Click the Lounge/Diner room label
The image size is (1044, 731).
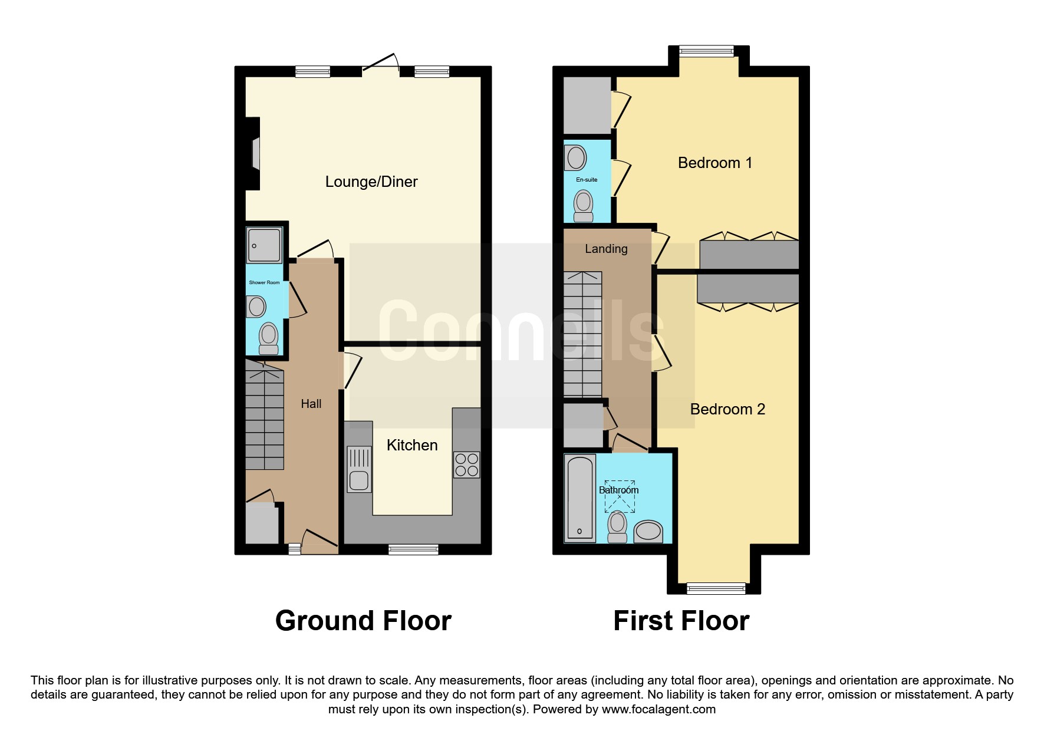371,182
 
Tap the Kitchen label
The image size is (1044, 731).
412,445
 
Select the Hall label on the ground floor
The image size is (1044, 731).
311,404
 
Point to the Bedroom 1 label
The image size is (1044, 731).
715,163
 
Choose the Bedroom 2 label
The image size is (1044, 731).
727,409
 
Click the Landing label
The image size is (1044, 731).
606,249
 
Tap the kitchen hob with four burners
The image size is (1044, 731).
466,465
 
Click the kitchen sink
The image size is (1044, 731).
359,469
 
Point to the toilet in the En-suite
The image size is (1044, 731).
584,206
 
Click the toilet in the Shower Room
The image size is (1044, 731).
269,338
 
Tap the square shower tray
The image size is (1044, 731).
265,245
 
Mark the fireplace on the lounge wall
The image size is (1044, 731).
253,153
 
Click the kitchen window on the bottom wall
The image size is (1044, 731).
413,549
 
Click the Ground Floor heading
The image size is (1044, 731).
363,621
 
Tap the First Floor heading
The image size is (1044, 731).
681,621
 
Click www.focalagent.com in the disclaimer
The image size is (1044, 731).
658,709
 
